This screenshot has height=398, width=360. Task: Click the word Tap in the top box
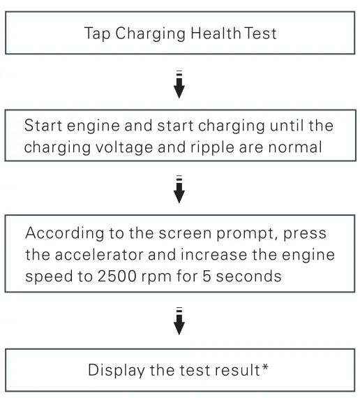(x=98, y=33)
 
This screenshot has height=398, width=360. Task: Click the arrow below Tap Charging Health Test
(x=179, y=84)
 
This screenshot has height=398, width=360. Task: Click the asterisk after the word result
(x=266, y=367)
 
